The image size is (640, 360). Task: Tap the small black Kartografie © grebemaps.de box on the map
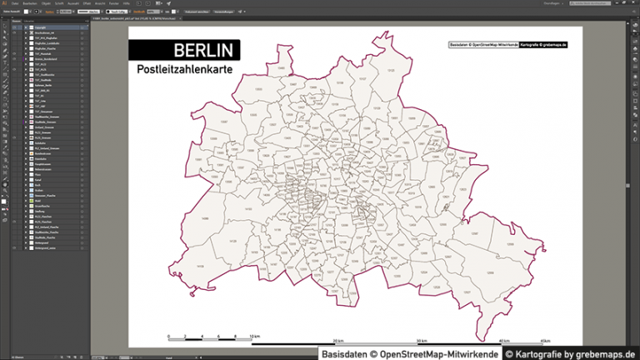(x=542, y=43)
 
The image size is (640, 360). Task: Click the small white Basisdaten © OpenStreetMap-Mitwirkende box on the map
(x=483, y=43)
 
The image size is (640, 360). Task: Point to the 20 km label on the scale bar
(x=338, y=342)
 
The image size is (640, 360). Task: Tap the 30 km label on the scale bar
(x=422, y=342)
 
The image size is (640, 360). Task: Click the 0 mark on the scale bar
(x=168, y=337)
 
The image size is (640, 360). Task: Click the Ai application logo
(x=4, y=3)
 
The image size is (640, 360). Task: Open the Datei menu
(x=15, y=3)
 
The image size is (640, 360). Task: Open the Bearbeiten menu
(x=29, y=3)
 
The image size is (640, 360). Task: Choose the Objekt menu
(x=45, y=3)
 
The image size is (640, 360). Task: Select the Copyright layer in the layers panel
(x=40, y=27)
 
